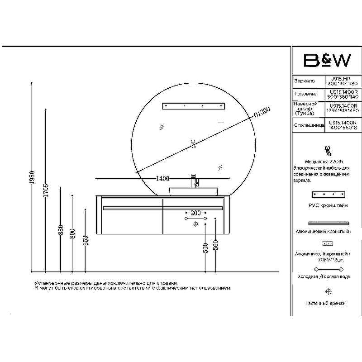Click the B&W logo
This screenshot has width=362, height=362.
click(326, 61)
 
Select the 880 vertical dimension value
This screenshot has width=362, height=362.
click(61, 231)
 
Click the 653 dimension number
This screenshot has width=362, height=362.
click(86, 240)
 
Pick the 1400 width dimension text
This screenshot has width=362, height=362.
click(162, 178)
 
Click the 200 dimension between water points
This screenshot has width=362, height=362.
click(195, 213)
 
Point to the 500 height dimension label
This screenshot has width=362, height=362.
click(205, 247)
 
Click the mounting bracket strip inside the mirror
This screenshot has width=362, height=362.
click(194, 106)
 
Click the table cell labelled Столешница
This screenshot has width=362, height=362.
click(309, 125)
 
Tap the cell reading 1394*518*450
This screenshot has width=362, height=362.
click(343, 110)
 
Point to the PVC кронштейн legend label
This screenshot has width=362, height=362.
click(328, 205)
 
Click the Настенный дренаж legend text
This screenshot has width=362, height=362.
click(326, 303)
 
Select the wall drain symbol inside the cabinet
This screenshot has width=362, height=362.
click(195, 224)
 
